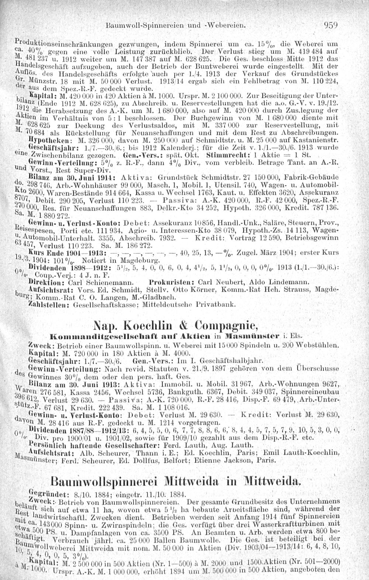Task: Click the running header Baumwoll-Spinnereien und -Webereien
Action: point(175,27)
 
